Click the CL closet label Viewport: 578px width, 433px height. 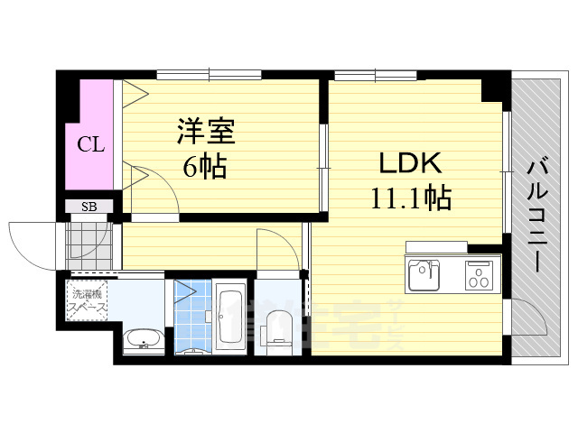89,143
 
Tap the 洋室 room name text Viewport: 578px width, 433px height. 205,133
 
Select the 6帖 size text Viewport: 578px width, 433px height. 205,166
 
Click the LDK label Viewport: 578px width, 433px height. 408,163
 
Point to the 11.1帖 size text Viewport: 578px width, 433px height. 408,197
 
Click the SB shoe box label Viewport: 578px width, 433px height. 89,207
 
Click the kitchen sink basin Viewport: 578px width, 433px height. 424,273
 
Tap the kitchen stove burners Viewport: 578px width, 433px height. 481,274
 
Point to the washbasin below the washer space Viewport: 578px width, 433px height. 142,341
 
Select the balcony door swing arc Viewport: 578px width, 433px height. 528,320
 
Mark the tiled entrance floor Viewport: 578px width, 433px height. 90,241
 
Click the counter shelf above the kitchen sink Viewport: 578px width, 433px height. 436,246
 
